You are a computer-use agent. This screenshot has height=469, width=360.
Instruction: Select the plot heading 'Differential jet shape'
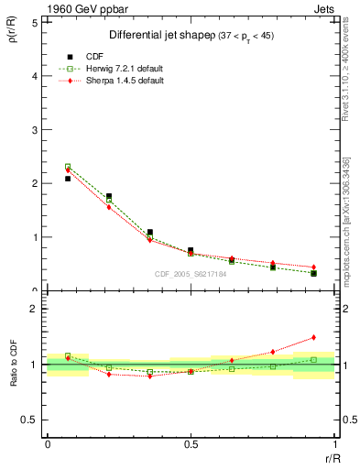coord(160,36)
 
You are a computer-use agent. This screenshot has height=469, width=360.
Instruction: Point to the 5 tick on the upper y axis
coord(36,23)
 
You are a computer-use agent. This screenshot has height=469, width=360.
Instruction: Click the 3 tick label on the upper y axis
coord(36,130)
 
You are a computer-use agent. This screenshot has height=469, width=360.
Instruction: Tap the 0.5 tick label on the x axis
coord(191,444)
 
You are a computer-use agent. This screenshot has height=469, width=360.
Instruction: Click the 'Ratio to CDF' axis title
coord(15,364)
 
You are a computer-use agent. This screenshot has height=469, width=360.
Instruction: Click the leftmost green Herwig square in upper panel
coord(68,167)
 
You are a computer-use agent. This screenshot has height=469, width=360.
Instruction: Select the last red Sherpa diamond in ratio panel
coord(313,337)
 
